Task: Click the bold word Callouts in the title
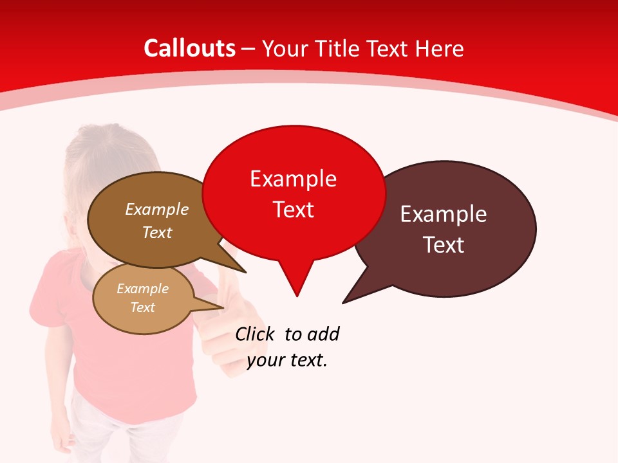coord(189,48)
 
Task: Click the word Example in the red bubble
coord(293,179)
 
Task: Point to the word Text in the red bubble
coord(293,209)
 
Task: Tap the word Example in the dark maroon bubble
coord(443,214)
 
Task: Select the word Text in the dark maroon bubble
coord(443,244)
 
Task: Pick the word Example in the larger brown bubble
coord(157,209)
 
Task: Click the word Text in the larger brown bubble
coord(157,232)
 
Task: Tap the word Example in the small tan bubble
coord(142,289)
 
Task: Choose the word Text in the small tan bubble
coord(142,307)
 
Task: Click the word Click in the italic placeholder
coord(254,334)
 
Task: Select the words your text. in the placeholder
coord(287,360)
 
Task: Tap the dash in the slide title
coord(249,49)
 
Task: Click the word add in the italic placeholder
coord(323,334)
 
